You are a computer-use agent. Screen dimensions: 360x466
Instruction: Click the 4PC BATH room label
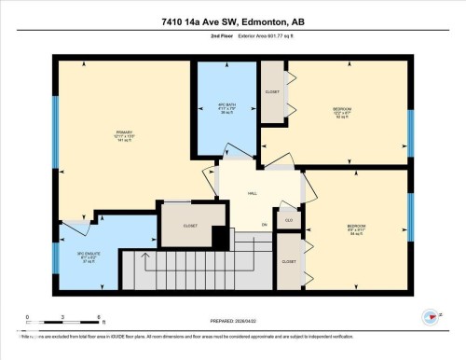click(x=226, y=104)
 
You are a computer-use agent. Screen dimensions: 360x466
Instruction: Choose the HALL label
click(x=252, y=194)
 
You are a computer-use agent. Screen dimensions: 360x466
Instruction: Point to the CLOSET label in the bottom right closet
click(x=289, y=262)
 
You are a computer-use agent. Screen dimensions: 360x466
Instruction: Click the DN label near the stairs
click(x=264, y=225)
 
